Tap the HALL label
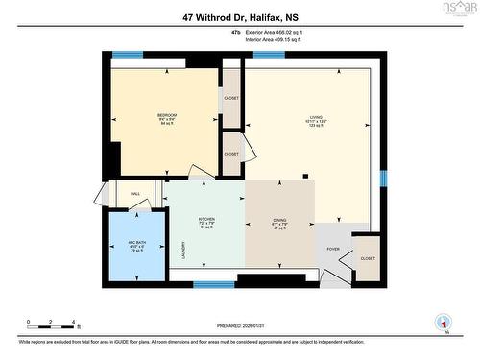click(x=136, y=194)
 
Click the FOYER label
click(x=333, y=250)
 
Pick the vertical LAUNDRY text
click(x=183, y=251)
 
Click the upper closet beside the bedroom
click(x=231, y=98)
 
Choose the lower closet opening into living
click(x=231, y=154)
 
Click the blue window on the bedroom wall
click(x=128, y=56)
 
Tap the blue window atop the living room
click(x=269, y=56)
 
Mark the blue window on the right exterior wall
click(x=383, y=179)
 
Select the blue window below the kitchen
click(x=213, y=284)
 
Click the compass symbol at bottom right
click(x=443, y=324)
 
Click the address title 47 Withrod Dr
click(x=240, y=16)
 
